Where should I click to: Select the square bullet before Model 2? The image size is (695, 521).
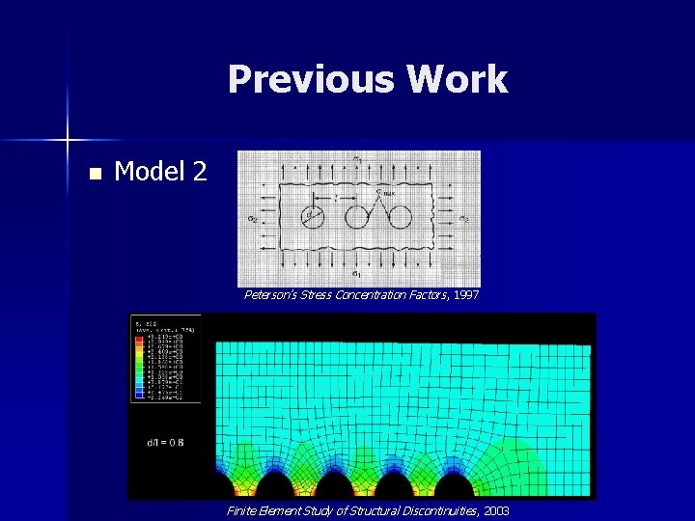(94, 175)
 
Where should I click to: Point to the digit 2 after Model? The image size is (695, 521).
(198, 172)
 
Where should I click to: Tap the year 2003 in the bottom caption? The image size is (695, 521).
(493, 509)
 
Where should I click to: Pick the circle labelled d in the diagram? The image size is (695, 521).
(314, 216)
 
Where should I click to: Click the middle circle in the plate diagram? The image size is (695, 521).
(357, 216)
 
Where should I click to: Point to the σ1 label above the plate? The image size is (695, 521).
(356, 157)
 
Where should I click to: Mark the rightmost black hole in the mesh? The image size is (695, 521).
(452, 484)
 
